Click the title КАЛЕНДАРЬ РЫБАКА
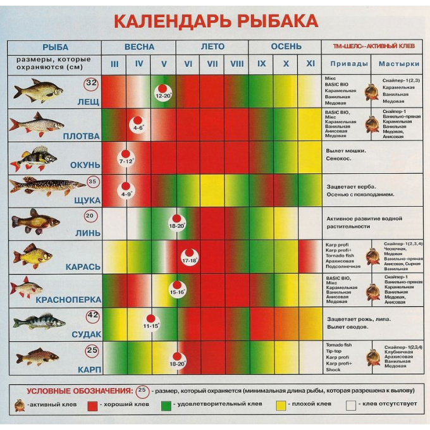pos(215,21)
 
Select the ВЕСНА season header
pos(138,47)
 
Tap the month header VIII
pos(237,64)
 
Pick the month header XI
pos(310,64)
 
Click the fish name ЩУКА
pos(87,200)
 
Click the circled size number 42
pos(92,316)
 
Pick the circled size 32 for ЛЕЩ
pos(91,83)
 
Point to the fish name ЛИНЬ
pos(88,233)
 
